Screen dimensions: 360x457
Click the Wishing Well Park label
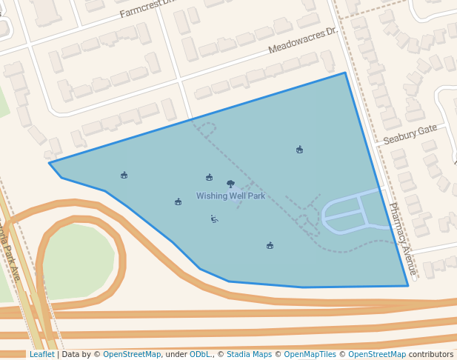click(x=230, y=196)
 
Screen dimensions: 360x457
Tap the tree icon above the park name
click(x=230, y=183)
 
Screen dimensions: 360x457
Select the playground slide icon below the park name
click(x=213, y=219)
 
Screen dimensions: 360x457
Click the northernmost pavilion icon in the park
click(x=299, y=150)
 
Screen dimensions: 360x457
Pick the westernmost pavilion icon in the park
click(x=124, y=175)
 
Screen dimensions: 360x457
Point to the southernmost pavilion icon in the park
click(x=270, y=245)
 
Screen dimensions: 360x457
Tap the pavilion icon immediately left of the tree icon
click(x=209, y=177)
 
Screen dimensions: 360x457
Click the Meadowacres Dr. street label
click(x=302, y=41)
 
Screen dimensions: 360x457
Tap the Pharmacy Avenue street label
click(x=403, y=239)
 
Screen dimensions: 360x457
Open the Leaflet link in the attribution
click(x=41, y=355)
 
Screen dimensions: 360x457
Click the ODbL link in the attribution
click(x=200, y=355)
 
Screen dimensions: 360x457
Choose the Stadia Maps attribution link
click(x=250, y=355)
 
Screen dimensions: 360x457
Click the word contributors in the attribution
click(x=430, y=355)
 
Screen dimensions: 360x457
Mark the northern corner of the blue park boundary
click(x=345, y=73)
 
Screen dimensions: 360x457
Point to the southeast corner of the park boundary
click(x=408, y=286)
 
